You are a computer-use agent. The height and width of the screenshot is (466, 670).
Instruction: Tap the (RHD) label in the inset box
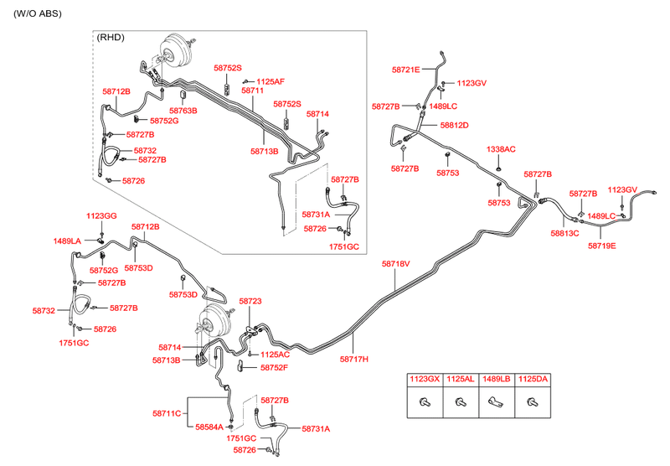pyautogui.click(x=111, y=38)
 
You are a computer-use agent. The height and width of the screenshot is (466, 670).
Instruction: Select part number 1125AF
pyautogui.click(x=271, y=81)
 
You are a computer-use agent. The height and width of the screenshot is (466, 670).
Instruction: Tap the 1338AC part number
pyautogui.click(x=502, y=149)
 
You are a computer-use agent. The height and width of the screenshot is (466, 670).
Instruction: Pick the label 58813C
pyautogui.click(x=565, y=234)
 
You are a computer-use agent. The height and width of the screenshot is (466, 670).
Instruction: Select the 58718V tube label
pyautogui.click(x=396, y=264)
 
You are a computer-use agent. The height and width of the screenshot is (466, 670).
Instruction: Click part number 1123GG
pyautogui.click(x=101, y=216)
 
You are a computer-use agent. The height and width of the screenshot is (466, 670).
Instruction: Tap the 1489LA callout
pyautogui.click(x=67, y=241)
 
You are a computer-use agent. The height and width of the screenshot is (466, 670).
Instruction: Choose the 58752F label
pyautogui.click(x=274, y=367)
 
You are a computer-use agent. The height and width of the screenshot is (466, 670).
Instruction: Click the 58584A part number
pyautogui.click(x=209, y=427)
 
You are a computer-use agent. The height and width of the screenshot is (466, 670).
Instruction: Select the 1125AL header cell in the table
pyautogui.click(x=460, y=380)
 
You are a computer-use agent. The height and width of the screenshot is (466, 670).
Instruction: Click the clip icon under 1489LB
pyautogui.click(x=496, y=402)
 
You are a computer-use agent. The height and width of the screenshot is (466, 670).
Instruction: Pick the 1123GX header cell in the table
pyautogui.click(x=424, y=380)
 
